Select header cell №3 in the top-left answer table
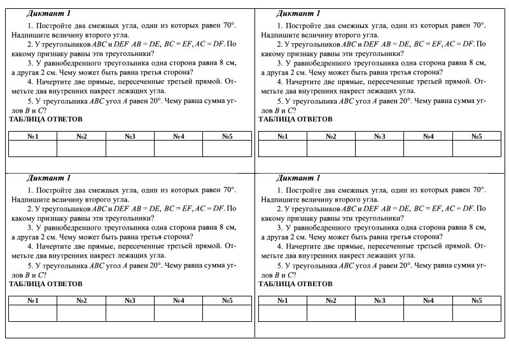130,136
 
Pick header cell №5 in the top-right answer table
477,136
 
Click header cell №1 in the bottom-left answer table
33,300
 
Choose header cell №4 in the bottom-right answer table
428,300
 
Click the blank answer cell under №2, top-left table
81,148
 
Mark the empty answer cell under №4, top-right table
428,148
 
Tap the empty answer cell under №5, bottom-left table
227,312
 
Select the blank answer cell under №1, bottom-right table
282,312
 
